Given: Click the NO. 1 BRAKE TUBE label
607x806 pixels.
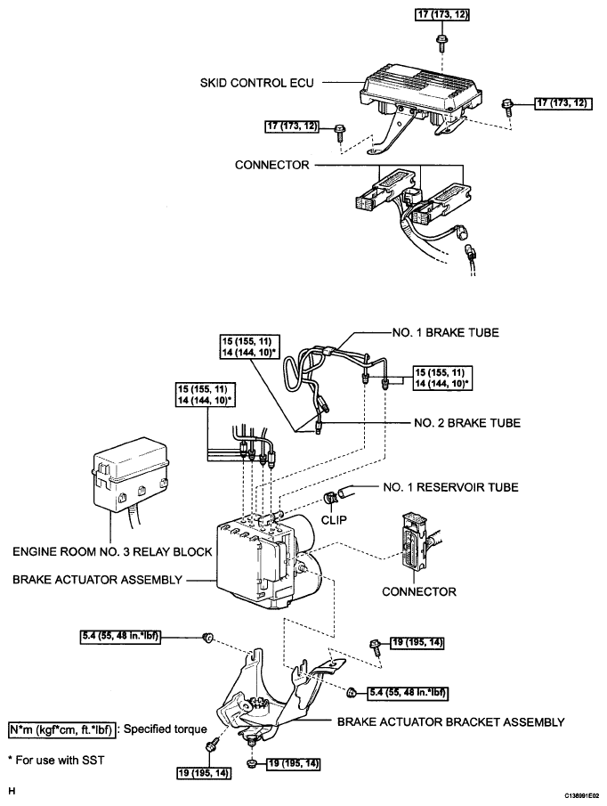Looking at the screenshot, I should pyautogui.click(x=445, y=332).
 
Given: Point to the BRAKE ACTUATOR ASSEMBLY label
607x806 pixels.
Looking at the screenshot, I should pyautogui.click(x=97, y=580).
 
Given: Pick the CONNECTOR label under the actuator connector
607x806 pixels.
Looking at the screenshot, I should pyautogui.click(x=418, y=591).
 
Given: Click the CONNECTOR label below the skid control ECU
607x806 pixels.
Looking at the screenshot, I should pyautogui.click(x=271, y=166).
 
